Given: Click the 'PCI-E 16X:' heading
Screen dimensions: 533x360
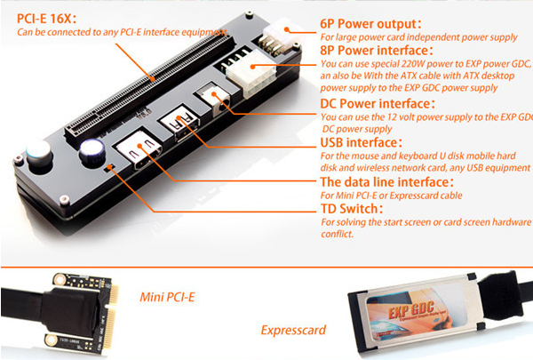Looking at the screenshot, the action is tap(46, 19).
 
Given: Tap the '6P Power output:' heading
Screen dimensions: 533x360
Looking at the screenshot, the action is tap(370, 24).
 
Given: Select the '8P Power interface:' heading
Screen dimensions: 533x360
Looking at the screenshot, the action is tap(377, 51).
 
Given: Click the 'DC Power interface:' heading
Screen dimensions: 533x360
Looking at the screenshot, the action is tap(378, 103).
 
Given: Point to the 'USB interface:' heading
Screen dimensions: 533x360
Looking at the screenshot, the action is tap(362, 142).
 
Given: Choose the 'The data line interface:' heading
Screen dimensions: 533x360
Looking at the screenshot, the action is tap(386, 182).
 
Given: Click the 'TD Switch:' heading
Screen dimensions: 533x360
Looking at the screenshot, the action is tap(352, 208).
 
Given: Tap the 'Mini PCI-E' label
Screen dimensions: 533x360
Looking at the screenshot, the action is tap(167, 297).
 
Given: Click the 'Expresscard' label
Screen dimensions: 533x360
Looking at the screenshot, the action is tap(293, 330).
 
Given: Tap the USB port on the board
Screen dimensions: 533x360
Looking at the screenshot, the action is tap(180, 124).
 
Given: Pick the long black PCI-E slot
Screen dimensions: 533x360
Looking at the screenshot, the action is tap(149, 89).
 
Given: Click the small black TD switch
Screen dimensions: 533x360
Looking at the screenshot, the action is tap(109, 167).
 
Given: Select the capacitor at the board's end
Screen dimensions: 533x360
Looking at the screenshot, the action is tap(39, 156).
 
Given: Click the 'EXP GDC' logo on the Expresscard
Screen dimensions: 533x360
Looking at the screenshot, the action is tap(410, 309).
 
